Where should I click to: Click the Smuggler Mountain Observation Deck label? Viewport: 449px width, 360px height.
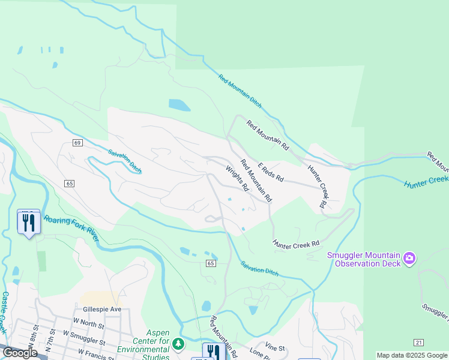(364, 259)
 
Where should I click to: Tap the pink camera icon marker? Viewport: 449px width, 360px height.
(410, 259)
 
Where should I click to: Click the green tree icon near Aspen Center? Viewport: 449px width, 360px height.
(178, 344)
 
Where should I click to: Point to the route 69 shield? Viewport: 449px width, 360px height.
(78, 143)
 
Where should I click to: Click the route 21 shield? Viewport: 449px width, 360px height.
(418, 342)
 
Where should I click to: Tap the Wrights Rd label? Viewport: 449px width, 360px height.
(237, 178)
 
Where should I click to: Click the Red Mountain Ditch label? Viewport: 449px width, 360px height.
(240, 91)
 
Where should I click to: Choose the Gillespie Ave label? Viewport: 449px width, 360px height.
(103, 309)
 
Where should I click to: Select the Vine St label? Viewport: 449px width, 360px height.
(275, 347)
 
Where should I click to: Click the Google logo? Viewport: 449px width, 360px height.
(20, 353)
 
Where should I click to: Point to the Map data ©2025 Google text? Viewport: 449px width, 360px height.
(412, 355)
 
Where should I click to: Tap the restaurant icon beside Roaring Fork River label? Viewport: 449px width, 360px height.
(29, 223)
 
